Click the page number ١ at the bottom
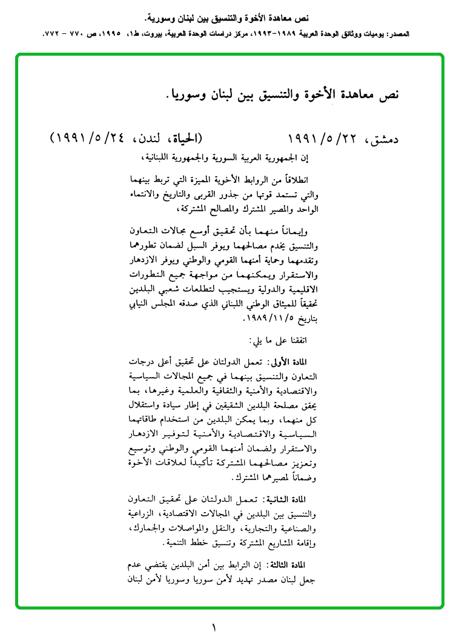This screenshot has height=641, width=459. (x=213, y=628)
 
